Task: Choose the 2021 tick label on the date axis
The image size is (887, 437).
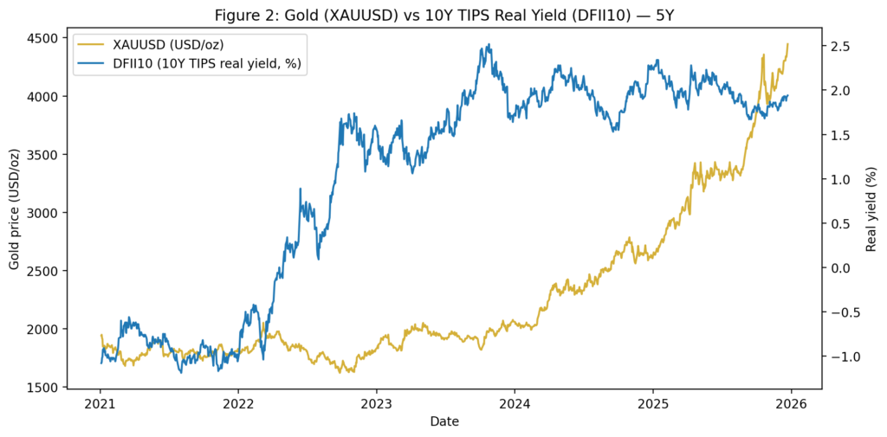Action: (x=100, y=403)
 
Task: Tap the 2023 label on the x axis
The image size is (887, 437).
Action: (x=376, y=403)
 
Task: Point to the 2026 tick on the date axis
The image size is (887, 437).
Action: (x=791, y=403)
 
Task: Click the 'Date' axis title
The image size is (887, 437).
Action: (x=444, y=421)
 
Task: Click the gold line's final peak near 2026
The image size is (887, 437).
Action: (x=787, y=44)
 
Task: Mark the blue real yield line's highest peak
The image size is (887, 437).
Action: (x=489, y=45)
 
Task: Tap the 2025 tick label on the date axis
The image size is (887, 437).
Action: (x=653, y=403)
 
